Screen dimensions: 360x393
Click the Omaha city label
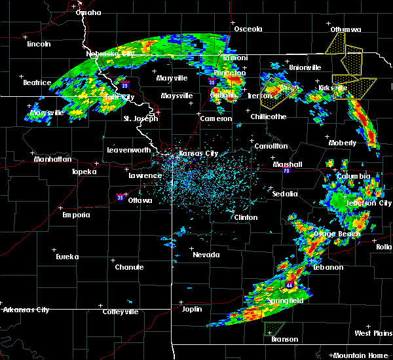click(88, 12)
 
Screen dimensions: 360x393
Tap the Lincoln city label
click(39, 44)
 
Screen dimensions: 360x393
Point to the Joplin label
click(192, 309)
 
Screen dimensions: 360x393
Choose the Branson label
click(284, 339)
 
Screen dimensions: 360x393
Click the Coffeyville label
click(121, 312)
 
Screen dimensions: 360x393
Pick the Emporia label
click(76, 215)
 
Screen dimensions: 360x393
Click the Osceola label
click(248, 29)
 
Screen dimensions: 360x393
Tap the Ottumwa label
click(346, 29)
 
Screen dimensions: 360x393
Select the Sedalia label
click(285, 194)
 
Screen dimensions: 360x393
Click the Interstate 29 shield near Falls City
click(124, 84)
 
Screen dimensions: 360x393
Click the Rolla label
click(383, 246)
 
